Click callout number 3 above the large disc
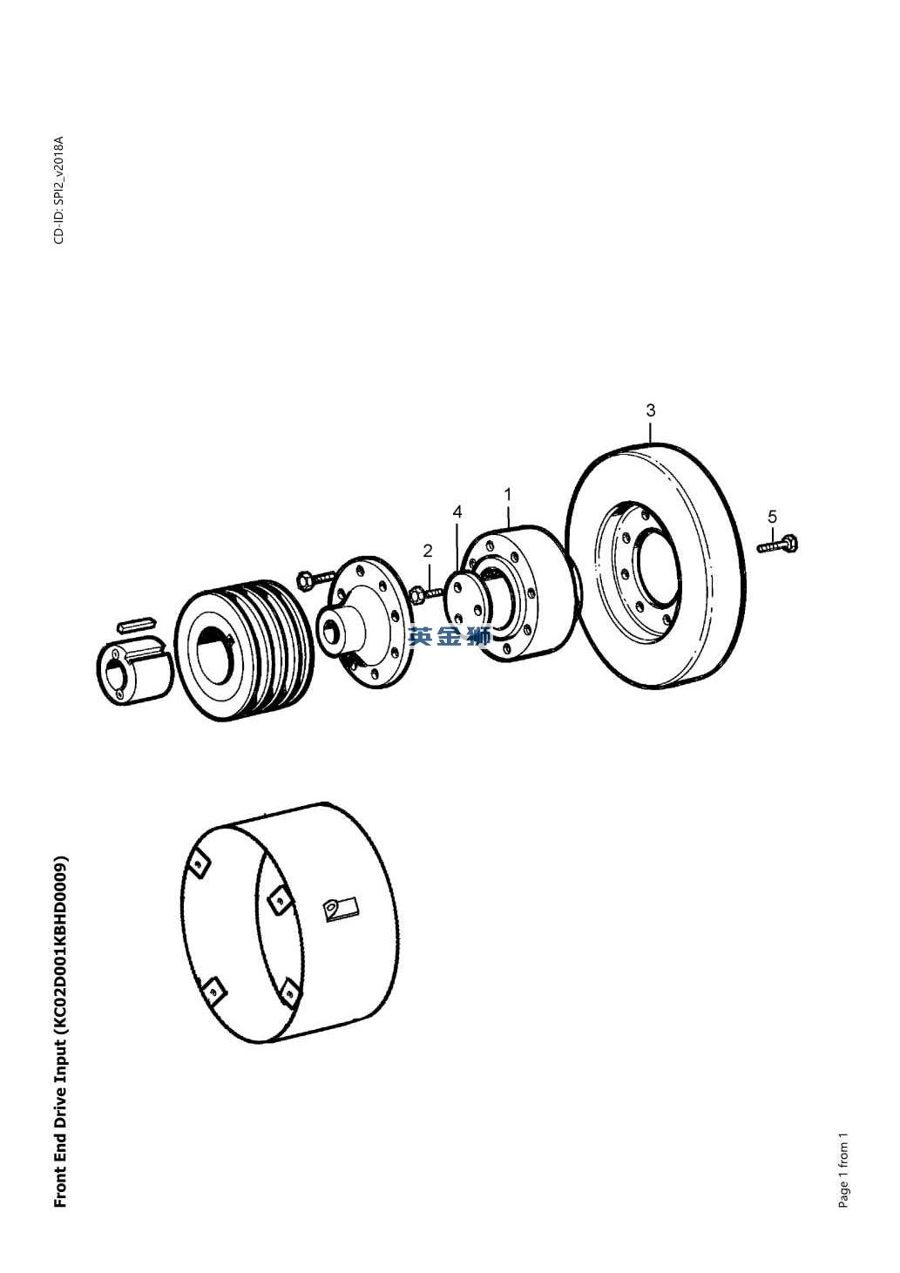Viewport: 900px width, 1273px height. point(651,410)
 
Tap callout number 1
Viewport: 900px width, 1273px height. point(508,494)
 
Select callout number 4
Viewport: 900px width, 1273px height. point(457,512)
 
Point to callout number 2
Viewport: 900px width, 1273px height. point(428,551)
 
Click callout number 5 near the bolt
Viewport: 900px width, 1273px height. point(772,517)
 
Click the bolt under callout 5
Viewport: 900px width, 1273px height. point(778,544)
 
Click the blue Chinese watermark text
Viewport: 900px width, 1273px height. point(449,636)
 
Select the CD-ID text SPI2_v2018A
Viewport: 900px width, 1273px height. point(59,177)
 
